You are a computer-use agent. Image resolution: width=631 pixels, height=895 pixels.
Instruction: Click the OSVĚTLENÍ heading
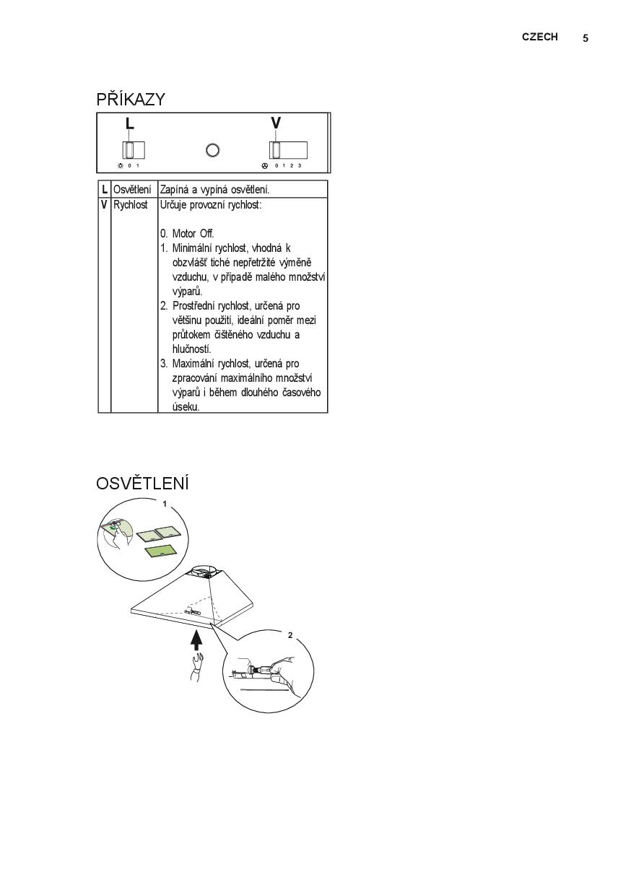click(x=142, y=483)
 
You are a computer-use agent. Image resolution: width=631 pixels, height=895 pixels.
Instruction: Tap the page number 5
click(x=586, y=38)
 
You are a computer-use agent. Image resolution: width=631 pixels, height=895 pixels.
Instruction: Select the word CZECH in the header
click(x=539, y=37)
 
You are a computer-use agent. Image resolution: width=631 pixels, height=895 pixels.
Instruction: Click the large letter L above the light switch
click(x=129, y=124)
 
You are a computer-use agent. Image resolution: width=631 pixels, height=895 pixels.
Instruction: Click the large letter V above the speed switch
click(x=276, y=123)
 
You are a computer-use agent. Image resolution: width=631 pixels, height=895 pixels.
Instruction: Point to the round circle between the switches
click(x=213, y=150)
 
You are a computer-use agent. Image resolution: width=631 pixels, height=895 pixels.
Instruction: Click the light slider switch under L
click(x=134, y=150)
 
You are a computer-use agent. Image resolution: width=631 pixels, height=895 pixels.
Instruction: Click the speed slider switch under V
click(x=288, y=150)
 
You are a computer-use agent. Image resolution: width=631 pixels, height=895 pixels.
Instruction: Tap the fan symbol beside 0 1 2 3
click(x=265, y=166)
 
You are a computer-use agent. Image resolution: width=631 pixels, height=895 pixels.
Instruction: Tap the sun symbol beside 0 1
click(x=121, y=166)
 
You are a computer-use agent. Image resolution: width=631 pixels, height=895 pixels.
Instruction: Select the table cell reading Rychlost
click(x=130, y=205)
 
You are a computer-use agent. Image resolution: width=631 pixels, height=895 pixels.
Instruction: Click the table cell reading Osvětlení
click(x=132, y=190)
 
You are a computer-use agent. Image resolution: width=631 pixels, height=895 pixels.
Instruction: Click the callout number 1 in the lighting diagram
click(x=165, y=504)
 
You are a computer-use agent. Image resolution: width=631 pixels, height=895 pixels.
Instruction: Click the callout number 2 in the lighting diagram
click(x=290, y=635)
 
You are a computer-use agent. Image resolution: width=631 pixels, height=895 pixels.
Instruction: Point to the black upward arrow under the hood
click(x=196, y=640)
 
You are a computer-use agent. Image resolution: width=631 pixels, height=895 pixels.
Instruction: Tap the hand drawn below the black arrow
click(x=195, y=668)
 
